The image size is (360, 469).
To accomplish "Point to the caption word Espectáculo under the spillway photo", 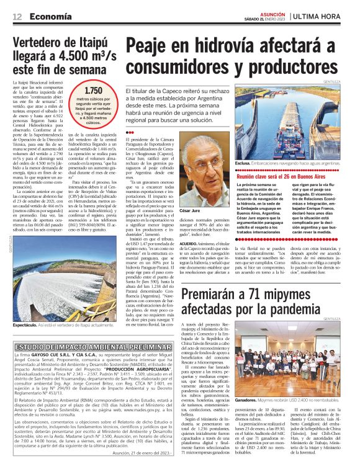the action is click(x=26, y=324).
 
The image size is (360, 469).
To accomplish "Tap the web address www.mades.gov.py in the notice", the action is click(x=132, y=409).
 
